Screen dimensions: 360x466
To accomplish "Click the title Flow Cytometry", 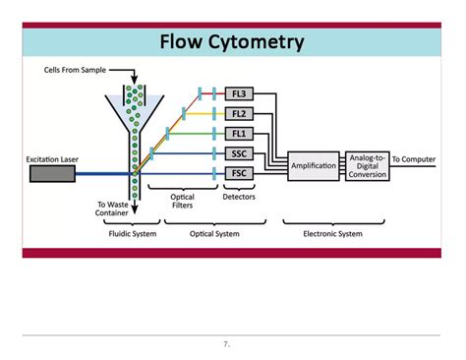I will (233, 41).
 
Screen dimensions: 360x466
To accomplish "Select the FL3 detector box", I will (238, 93).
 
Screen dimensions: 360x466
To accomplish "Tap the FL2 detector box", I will (238, 113).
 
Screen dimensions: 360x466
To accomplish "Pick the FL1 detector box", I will (238, 133).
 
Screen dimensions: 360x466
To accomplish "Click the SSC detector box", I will (238, 153).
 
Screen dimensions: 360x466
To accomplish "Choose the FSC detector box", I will (238, 173).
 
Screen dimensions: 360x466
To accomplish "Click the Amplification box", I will (314, 165).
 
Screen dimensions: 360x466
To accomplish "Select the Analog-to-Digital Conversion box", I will (366, 165).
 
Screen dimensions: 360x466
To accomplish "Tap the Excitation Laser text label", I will (55, 158).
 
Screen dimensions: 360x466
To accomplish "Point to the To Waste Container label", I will (110, 210).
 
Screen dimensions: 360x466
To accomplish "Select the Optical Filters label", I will (182, 202).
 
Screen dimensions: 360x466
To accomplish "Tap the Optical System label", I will (213, 234).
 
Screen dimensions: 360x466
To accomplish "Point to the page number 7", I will (226, 345).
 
